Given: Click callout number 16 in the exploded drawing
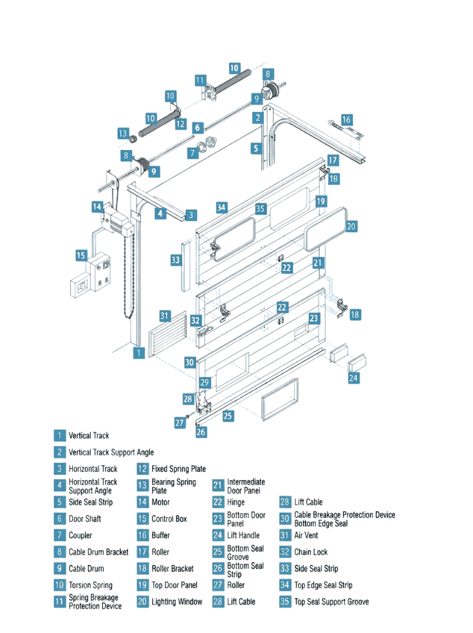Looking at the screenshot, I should [x=346, y=120].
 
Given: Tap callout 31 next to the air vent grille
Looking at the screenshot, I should [x=165, y=316].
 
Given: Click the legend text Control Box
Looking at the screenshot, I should [x=169, y=518].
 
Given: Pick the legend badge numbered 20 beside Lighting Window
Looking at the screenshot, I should [x=142, y=601].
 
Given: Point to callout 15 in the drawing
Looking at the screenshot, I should [x=81, y=255].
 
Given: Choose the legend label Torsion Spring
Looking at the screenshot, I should [x=90, y=585].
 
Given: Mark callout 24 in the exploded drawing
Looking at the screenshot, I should [x=354, y=378].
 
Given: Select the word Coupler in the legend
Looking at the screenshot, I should [x=80, y=535].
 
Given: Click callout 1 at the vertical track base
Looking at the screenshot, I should [x=138, y=353].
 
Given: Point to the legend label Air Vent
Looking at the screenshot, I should [x=306, y=535].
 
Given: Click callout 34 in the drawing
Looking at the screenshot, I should [x=221, y=207].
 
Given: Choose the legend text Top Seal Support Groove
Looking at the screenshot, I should [x=331, y=601].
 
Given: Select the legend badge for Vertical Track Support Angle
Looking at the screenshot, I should [x=59, y=452].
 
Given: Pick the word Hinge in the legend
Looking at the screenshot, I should [x=236, y=502].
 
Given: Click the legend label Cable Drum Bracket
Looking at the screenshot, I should [x=98, y=552].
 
